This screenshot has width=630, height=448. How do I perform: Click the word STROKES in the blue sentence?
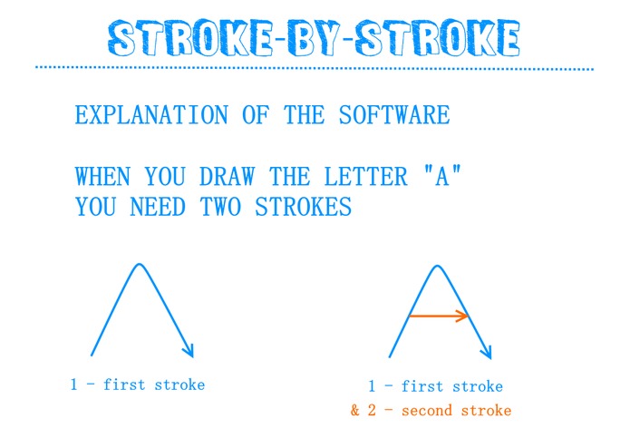point(302,207)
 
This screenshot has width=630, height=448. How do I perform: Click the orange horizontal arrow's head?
point(464,317)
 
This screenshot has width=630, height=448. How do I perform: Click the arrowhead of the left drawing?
point(189,350)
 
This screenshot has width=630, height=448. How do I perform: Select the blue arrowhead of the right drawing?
point(487,352)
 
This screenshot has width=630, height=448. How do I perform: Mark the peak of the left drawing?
point(139,265)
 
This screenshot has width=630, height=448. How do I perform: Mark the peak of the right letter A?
point(438,266)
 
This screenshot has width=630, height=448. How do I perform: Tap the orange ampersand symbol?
point(356,411)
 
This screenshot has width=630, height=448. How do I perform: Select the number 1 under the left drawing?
point(74,385)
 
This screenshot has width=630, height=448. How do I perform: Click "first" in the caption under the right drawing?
point(422,386)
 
